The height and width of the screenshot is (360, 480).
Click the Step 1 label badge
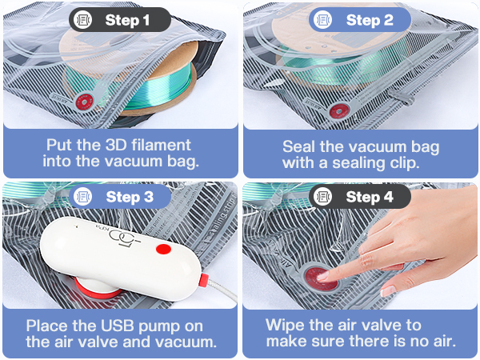(119, 19)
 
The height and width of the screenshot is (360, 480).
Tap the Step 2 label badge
(360, 19)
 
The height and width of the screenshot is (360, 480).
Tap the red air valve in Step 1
(81, 102)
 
